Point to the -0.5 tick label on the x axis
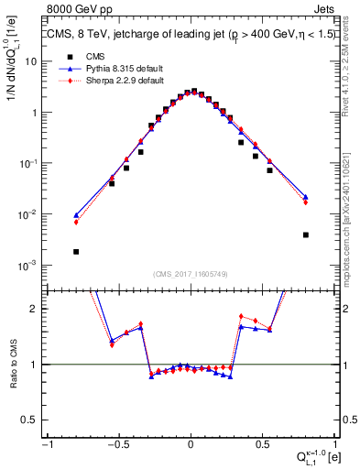tap(117, 444)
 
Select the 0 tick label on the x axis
tap(191, 444)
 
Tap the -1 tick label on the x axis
tap(46, 444)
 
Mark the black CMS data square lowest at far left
tap(76, 251)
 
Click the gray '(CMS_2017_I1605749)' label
tap(191, 274)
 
